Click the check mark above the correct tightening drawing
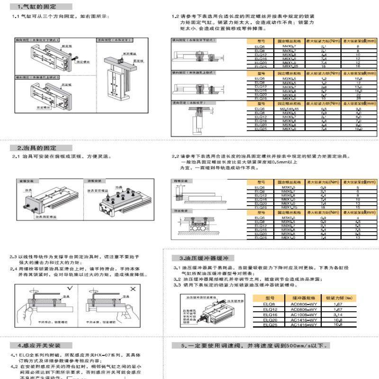[x=70, y=288]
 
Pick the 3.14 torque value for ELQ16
[x=338, y=314]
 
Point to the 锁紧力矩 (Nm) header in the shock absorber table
[x=338, y=298]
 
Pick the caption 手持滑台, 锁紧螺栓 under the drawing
[x=50, y=322]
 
